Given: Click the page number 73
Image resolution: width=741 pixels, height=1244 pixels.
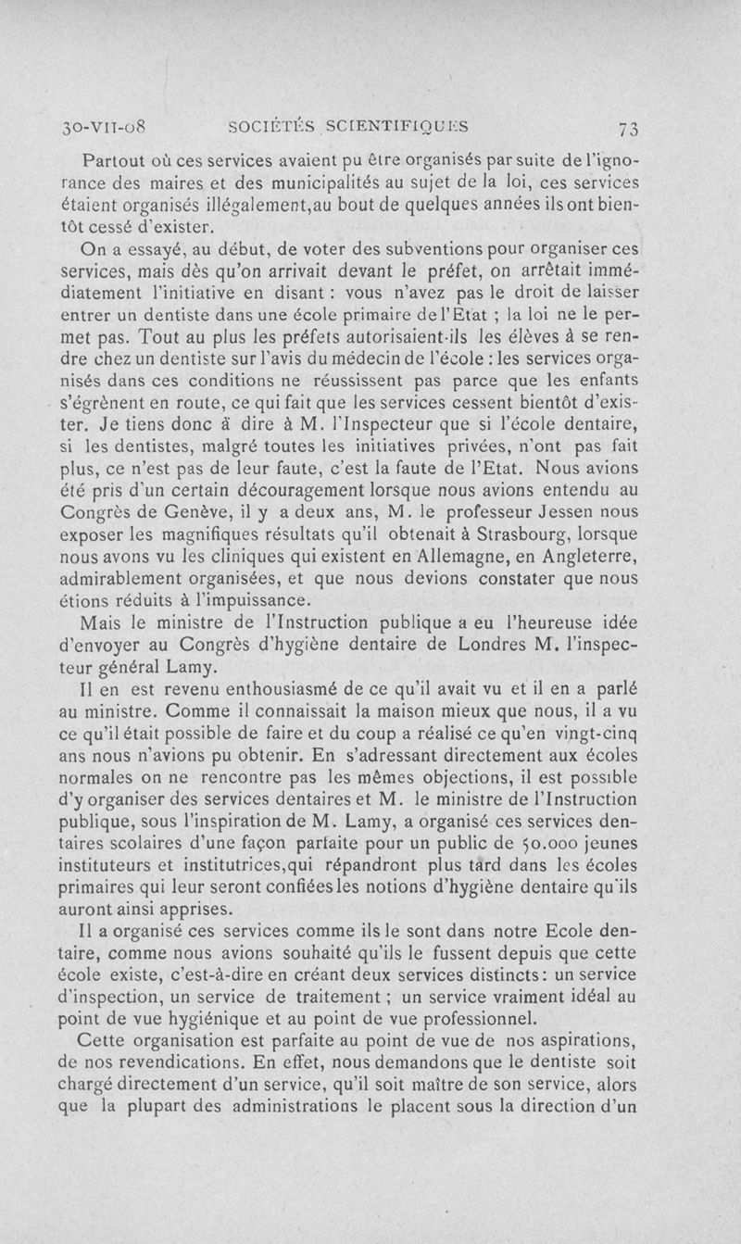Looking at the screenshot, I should (x=637, y=127).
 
